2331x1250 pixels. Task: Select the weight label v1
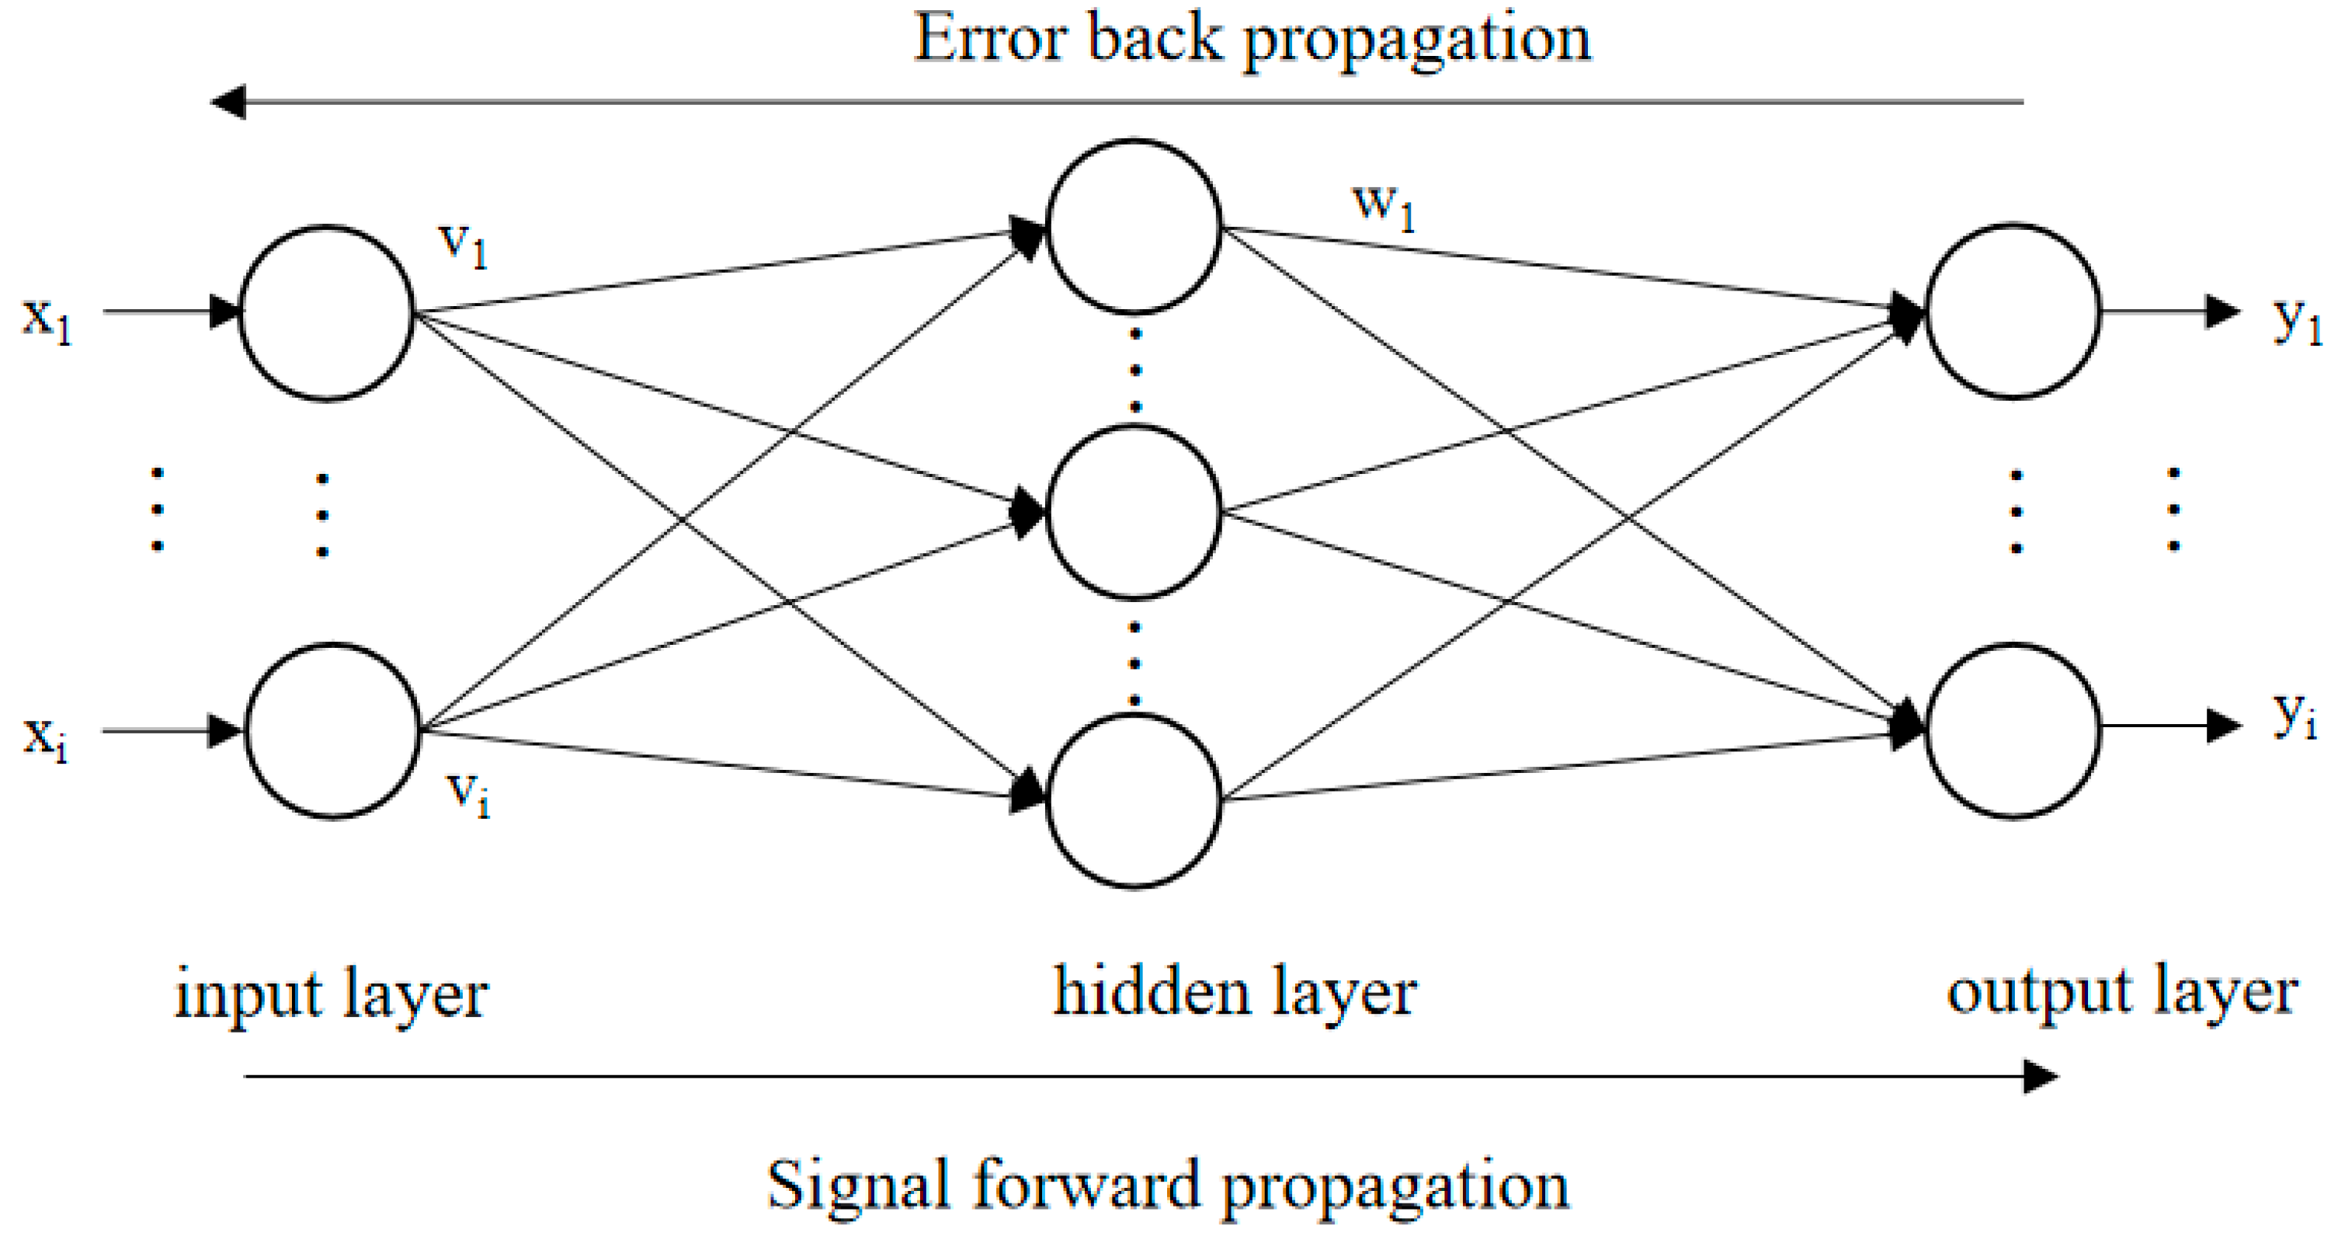(464, 245)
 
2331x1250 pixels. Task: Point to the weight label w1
(1383, 207)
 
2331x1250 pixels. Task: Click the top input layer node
(327, 312)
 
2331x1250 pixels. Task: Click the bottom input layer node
(332, 731)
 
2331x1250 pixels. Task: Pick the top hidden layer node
(1134, 227)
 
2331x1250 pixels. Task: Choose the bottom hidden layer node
(1134, 801)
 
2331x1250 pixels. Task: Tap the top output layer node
(2010, 312)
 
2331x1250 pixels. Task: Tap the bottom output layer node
(2010, 731)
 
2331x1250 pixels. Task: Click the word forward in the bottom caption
(1086, 1186)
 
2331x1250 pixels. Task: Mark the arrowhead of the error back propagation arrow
(228, 103)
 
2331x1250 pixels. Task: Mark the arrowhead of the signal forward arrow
(2041, 1076)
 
